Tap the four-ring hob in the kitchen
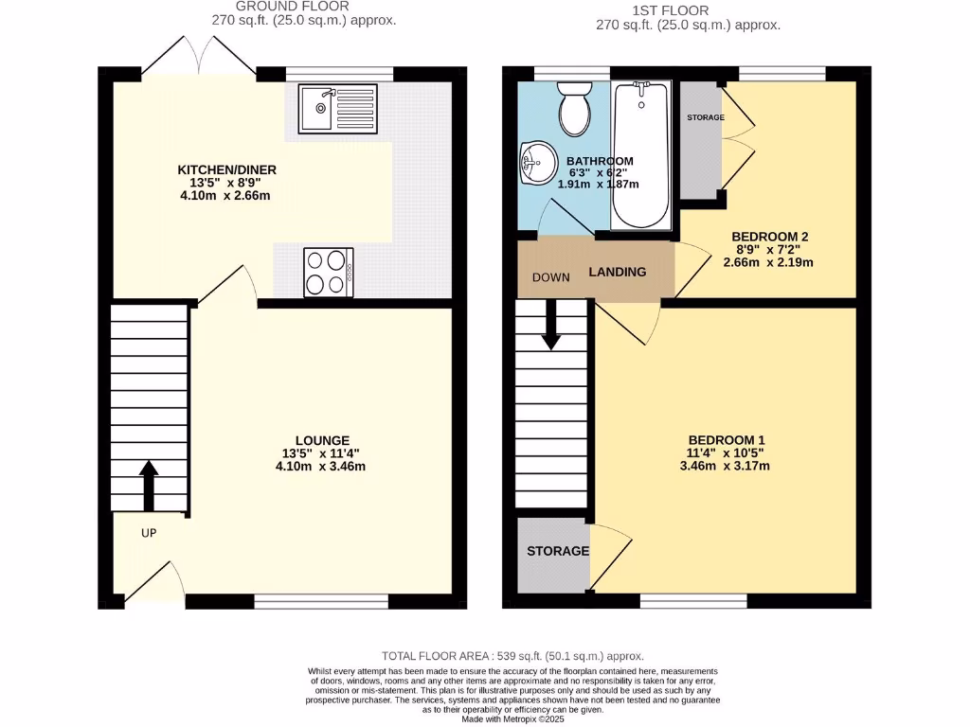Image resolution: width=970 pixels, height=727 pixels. pyautogui.click(x=328, y=272)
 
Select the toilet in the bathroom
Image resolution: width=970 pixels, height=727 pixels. pyautogui.click(x=574, y=107)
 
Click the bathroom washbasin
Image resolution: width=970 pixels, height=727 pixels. pyautogui.click(x=536, y=164)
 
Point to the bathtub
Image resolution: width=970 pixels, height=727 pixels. pyautogui.click(x=641, y=155)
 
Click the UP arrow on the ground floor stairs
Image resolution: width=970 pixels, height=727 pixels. pyautogui.click(x=149, y=486)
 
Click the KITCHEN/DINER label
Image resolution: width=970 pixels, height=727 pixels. pyautogui.click(x=227, y=170)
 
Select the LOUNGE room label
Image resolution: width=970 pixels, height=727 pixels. pyautogui.click(x=322, y=440)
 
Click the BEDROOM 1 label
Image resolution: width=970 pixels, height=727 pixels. pyautogui.click(x=726, y=439)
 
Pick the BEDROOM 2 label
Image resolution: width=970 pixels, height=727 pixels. pyautogui.click(x=769, y=237)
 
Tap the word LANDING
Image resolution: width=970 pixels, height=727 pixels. pyautogui.click(x=618, y=272)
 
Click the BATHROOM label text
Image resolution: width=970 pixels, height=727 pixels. pyautogui.click(x=600, y=161)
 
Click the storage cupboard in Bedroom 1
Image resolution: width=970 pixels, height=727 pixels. pyautogui.click(x=557, y=552)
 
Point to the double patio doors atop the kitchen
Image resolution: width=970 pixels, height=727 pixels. pyautogui.click(x=199, y=57)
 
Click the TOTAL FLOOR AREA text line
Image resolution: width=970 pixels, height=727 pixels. pyautogui.click(x=512, y=655)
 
